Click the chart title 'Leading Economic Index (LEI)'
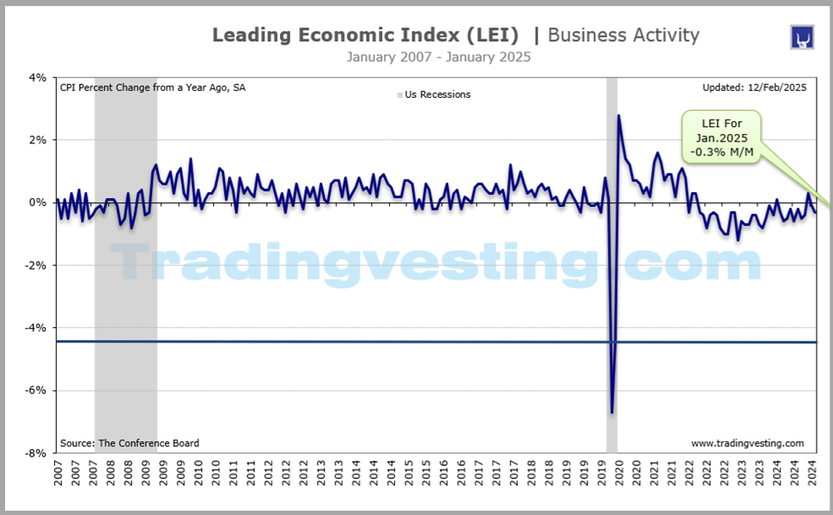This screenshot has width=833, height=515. tap(365, 35)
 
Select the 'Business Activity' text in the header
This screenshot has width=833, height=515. tap(623, 35)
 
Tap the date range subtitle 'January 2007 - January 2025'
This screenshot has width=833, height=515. tap(438, 57)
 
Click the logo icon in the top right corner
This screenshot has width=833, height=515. tap(801, 37)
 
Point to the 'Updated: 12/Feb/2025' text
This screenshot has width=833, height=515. tap(753, 87)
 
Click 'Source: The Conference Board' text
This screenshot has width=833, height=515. tap(130, 443)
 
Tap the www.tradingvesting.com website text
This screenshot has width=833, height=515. tap(747, 443)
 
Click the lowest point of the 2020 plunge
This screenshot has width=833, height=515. tap(612, 412)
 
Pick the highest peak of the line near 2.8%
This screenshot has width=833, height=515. tap(618, 116)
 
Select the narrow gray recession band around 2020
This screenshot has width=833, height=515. tap(611, 257)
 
